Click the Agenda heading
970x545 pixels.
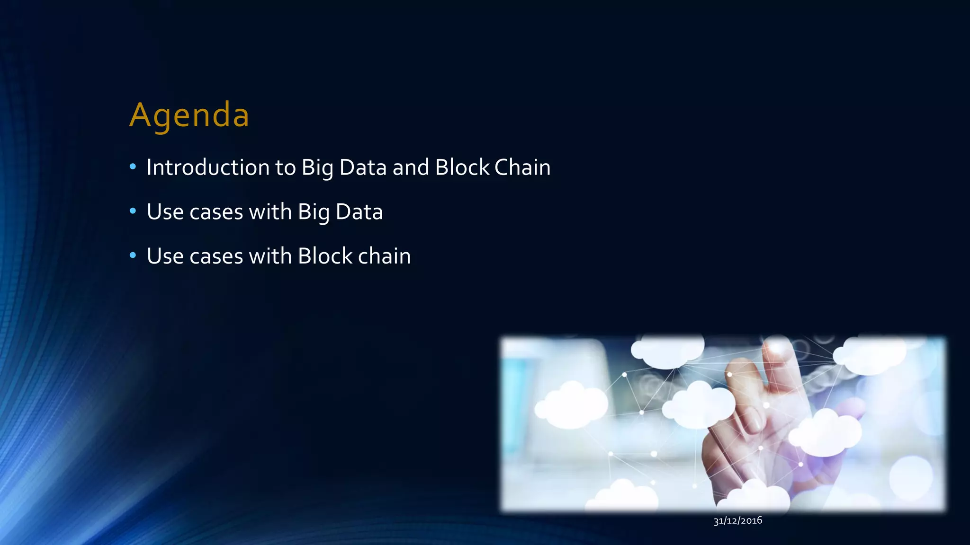click(x=189, y=115)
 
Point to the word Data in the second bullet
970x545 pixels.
click(x=359, y=212)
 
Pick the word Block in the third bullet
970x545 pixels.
click(x=325, y=256)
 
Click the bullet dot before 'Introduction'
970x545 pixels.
click(x=133, y=167)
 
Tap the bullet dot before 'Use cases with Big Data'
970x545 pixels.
click(x=133, y=211)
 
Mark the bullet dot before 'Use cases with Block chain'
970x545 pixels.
click(x=133, y=255)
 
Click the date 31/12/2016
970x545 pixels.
click(x=737, y=520)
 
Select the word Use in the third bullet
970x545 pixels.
click(x=165, y=256)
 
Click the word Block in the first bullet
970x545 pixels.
click(x=462, y=167)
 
